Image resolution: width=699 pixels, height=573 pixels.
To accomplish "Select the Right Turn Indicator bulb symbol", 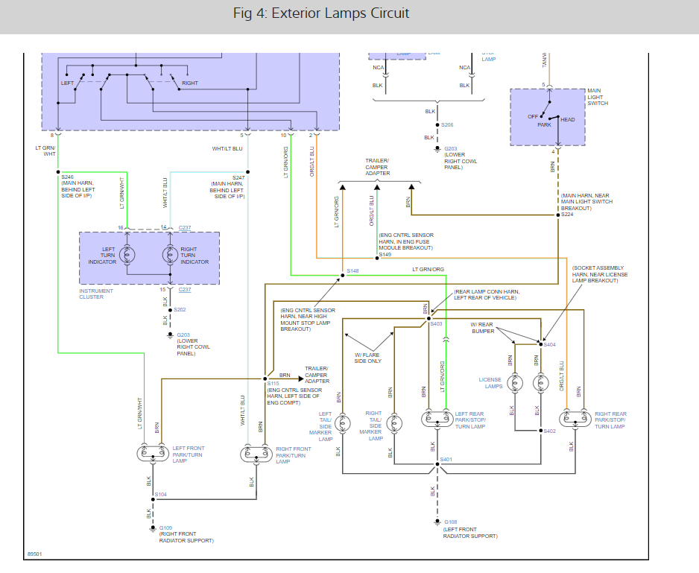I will pyautogui.click(x=170, y=254).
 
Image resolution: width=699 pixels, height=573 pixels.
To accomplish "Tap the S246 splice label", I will pyautogui.click(x=67, y=177).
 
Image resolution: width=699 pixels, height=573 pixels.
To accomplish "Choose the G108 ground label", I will pyautogui.click(x=450, y=522).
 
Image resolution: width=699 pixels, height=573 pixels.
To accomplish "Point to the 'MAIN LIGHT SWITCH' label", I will pyautogui.click(x=598, y=98).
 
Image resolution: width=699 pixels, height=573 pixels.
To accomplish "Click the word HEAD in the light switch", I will pyautogui.click(x=568, y=120).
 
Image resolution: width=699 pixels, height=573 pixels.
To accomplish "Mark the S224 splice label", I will pyautogui.click(x=567, y=215).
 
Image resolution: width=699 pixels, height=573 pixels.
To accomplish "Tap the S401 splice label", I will pyautogui.click(x=446, y=460).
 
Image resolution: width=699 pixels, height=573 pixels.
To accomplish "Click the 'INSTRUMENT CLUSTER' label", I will pyautogui.click(x=96, y=294).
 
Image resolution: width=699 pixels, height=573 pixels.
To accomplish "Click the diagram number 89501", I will pyautogui.click(x=35, y=554).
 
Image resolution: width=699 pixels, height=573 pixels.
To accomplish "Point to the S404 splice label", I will pyautogui.click(x=550, y=344).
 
